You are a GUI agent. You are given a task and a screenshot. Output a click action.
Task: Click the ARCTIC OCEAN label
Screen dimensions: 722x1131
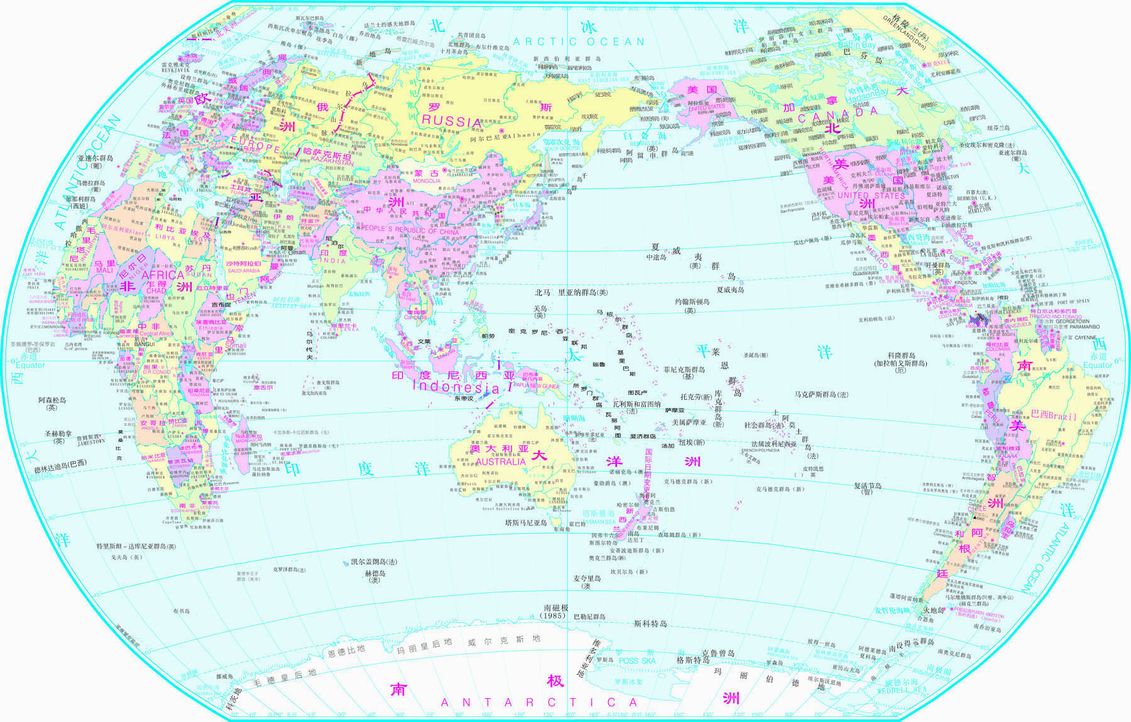[x=579, y=42]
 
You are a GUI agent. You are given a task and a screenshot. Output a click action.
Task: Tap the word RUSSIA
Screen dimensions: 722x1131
[x=451, y=121]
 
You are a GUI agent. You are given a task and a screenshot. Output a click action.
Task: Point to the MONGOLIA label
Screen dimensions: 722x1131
[x=427, y=181]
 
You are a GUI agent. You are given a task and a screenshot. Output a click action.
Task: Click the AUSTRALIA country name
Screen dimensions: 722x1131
[x=501, y=461]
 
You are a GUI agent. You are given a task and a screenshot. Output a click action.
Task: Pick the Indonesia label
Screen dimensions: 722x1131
[x=456, y=387]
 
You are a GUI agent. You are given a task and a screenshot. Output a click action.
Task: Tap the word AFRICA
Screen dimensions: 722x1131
[x=163, y=275]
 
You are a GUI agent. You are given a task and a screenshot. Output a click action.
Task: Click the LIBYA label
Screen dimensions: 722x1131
[x=165, y=238]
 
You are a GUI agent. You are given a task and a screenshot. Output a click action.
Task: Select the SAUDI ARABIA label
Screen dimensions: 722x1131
[x=244, y=271]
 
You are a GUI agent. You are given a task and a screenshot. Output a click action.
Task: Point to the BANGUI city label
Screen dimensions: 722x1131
[x=145, y=344]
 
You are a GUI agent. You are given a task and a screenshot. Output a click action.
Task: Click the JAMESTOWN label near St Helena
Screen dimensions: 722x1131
[x=91, y=442]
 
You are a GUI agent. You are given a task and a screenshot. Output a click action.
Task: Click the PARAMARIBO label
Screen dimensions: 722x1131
[x=1071, y=326]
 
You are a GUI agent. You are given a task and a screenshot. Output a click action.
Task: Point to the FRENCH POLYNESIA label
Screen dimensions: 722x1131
[x=760, y=450]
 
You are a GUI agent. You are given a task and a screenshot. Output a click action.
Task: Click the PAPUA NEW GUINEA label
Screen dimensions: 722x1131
[x=538, y=386]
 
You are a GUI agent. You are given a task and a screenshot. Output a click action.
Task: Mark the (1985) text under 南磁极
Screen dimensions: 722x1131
[x=555, y=616]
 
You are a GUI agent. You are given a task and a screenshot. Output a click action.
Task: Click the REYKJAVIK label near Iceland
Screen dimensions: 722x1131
[x=175, y=70]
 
